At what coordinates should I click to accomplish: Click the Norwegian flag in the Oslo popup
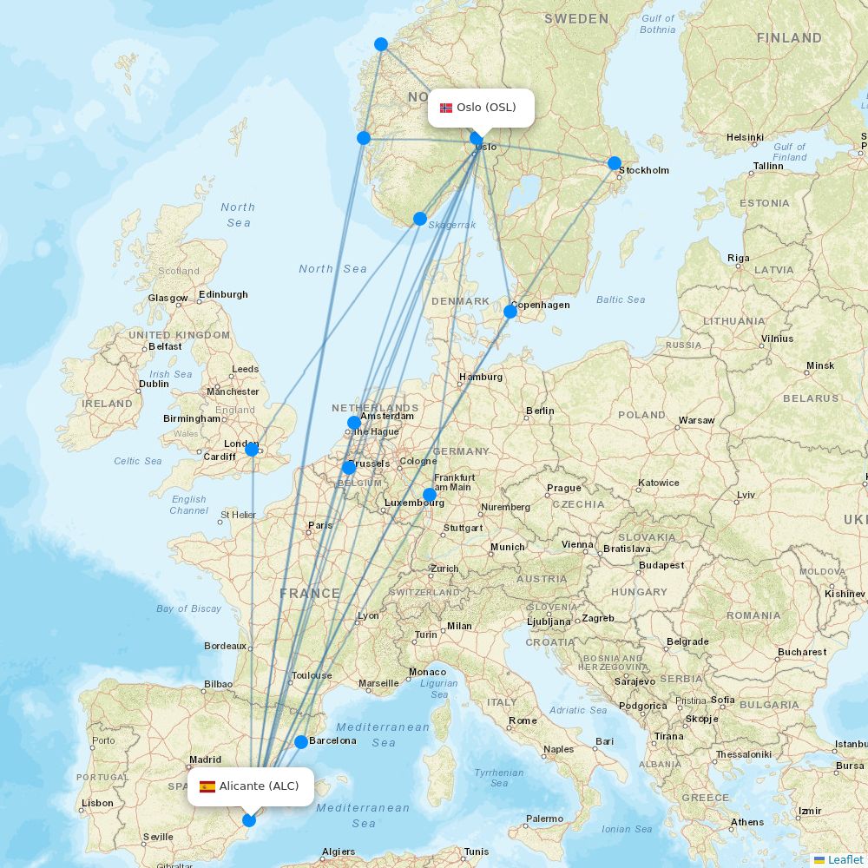pos(446,108)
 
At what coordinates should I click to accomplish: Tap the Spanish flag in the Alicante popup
pos(207,786)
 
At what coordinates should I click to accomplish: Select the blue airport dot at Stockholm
pos(615,163)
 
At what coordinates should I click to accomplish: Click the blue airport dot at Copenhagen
pos(510,312)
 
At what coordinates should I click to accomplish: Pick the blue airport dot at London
pos(252,449)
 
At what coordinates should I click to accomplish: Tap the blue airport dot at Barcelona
pos(301,741)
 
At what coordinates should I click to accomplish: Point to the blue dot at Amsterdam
pos(354,424)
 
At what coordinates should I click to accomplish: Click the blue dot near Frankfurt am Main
pos(430,495)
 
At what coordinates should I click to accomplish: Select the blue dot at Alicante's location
pos(249,819)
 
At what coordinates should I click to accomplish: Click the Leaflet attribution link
pos(845,859)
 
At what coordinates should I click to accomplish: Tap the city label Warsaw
pos(696,420)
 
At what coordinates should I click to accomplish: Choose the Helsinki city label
pos(745,137)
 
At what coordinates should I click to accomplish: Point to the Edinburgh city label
pos(223,294)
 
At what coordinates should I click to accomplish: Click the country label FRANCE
pos(310,594)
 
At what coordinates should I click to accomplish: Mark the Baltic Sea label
pos(621,299)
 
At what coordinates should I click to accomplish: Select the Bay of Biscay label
pos(189,608)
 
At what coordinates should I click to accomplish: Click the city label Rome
pos(523,720)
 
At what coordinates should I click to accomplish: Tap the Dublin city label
pos(155,384)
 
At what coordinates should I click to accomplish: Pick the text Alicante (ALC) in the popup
pos(259,786)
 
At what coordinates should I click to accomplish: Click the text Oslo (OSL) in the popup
pos(486,108)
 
